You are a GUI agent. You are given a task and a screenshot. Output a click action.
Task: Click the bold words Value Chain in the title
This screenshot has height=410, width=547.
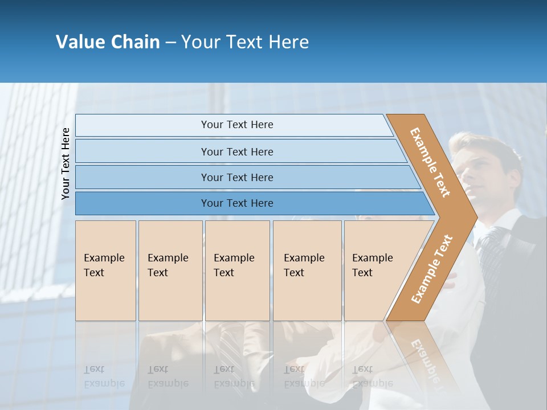[108, 42]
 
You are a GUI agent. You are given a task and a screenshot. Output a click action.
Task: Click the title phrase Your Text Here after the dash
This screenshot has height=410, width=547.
[245, 42]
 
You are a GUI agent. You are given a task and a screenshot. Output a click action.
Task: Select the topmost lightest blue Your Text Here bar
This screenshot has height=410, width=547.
[236, 125]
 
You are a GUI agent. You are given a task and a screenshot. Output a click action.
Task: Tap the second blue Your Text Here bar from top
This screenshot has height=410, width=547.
[236, 151]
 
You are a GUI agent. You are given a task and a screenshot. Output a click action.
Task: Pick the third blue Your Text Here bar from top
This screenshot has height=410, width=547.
[236, 177]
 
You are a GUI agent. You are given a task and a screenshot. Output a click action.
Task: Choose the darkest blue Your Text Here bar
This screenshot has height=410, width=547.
[236, 203]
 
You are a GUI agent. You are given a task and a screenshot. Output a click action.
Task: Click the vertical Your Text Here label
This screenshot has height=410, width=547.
[66, 163]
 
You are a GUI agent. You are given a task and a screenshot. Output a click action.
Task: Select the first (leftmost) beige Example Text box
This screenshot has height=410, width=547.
[105, 270]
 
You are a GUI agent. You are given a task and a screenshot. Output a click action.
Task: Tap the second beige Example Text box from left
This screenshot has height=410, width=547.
[170, 270]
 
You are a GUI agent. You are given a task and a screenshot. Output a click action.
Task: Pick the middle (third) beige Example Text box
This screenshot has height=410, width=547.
[237, 270]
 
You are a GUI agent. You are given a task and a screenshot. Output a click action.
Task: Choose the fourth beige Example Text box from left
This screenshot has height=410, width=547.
[307, 270]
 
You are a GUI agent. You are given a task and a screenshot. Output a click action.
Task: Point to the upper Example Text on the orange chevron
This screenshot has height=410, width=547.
[430, 162]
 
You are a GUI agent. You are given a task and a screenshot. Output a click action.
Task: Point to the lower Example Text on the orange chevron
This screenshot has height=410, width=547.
[432, 269]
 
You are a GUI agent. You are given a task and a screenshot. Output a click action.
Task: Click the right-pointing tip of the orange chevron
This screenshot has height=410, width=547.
[473, 217]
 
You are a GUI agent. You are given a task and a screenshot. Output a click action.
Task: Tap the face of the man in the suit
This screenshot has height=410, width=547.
[484, 171]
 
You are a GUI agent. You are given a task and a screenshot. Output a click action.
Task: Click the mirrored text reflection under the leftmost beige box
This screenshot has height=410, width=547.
[104, 376]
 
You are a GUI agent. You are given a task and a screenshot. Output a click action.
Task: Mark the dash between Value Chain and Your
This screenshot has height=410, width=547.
[170, 43]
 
